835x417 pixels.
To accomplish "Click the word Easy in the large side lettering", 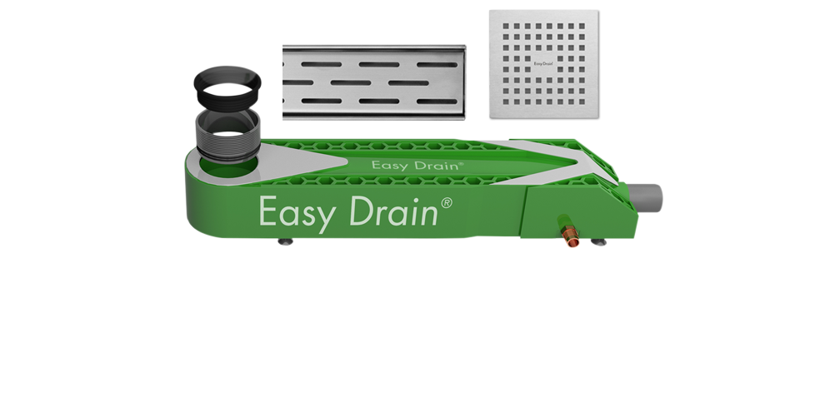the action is tap(297, 214).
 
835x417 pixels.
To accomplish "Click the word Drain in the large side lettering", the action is tap(393, 211).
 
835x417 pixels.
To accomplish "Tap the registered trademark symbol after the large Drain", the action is tap(447, 202).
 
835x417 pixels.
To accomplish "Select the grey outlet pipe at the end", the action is tap(646, 197).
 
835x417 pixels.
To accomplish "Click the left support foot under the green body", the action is tap(286, 241).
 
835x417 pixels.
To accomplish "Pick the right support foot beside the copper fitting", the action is tap(598, 242).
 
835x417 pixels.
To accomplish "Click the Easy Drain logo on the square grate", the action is tap(543, 64).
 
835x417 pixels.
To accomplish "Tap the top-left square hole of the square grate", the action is tap(506, 26).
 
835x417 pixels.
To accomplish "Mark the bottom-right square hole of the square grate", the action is tap(582, 102).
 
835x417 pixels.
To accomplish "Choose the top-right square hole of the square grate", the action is tap(582, 26).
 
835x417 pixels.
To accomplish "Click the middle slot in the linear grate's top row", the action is tap(378, 65).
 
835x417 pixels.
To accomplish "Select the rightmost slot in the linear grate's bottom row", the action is tap(437, 101).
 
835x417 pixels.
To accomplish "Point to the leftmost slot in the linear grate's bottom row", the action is tap(322, 101).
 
